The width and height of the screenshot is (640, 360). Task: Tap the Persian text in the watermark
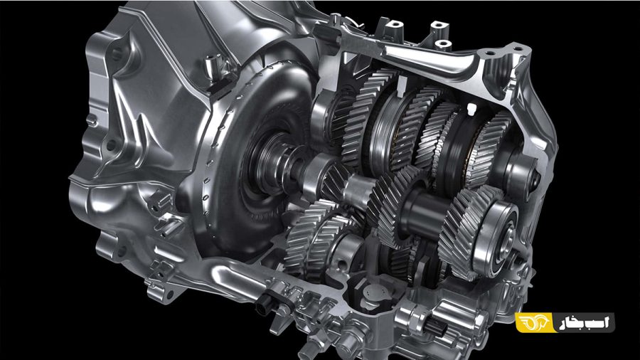point(585,322)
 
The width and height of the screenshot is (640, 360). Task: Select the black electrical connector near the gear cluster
point(268,302)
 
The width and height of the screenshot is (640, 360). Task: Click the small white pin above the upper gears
point(472,108)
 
